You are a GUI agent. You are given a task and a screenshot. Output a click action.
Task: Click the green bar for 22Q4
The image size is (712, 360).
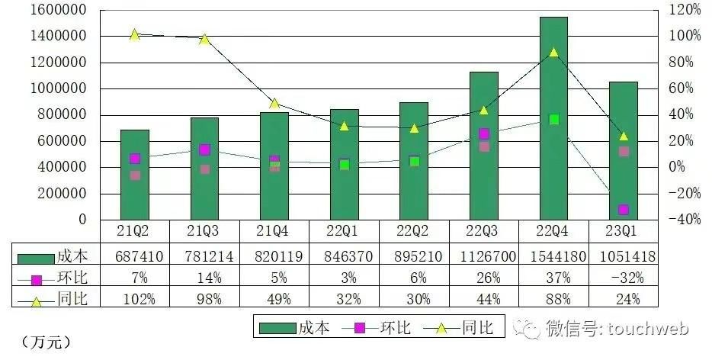point(553,118)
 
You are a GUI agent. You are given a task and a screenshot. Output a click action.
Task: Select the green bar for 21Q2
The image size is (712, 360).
point(135,175)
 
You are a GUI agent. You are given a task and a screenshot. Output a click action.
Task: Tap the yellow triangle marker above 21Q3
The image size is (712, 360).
point(205,39)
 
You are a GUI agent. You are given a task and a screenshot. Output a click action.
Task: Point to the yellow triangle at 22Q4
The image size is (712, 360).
point(553,52)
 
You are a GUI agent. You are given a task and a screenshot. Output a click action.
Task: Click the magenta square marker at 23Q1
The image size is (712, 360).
point(624,210)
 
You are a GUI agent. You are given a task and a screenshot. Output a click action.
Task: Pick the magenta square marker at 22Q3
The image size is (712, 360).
point(484,133)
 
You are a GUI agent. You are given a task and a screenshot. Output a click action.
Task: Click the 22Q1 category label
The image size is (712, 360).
point(344,231)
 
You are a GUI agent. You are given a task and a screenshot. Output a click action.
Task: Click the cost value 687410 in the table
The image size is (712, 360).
point(140,256)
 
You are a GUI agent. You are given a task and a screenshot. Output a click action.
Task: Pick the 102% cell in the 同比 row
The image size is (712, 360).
point(140,299)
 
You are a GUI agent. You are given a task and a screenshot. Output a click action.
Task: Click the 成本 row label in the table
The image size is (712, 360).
point(72,256)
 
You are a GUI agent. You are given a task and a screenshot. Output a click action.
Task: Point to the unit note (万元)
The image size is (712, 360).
point(46,342)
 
